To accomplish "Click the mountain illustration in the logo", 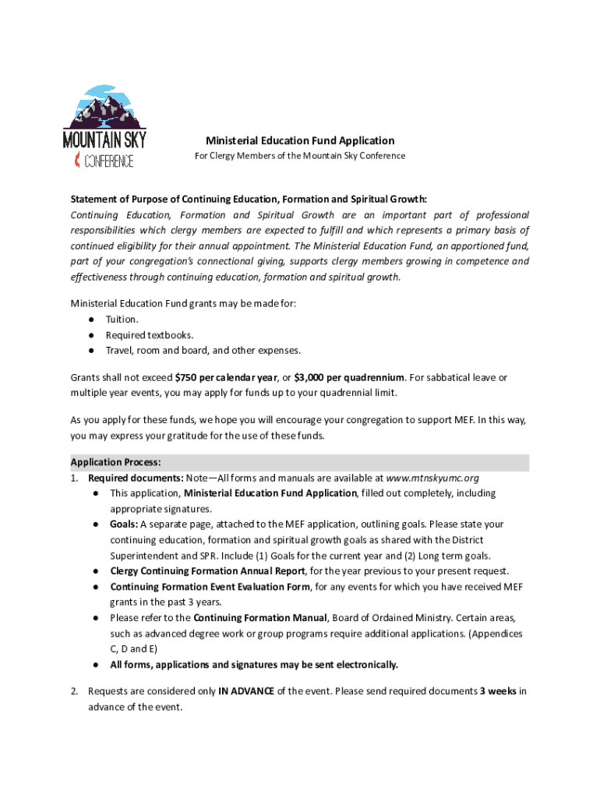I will point(104,108).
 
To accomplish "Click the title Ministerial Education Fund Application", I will point(300,141).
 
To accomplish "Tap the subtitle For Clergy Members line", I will point(300,156).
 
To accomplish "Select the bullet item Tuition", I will point(122,320).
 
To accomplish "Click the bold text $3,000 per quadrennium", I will point(349,377).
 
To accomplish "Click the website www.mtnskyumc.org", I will point(432,478).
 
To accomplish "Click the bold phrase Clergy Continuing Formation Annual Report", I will point(207,571).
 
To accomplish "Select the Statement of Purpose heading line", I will point(249,199).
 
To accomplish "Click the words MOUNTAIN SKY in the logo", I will point(104,141).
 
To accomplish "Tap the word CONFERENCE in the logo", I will point(108,161).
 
